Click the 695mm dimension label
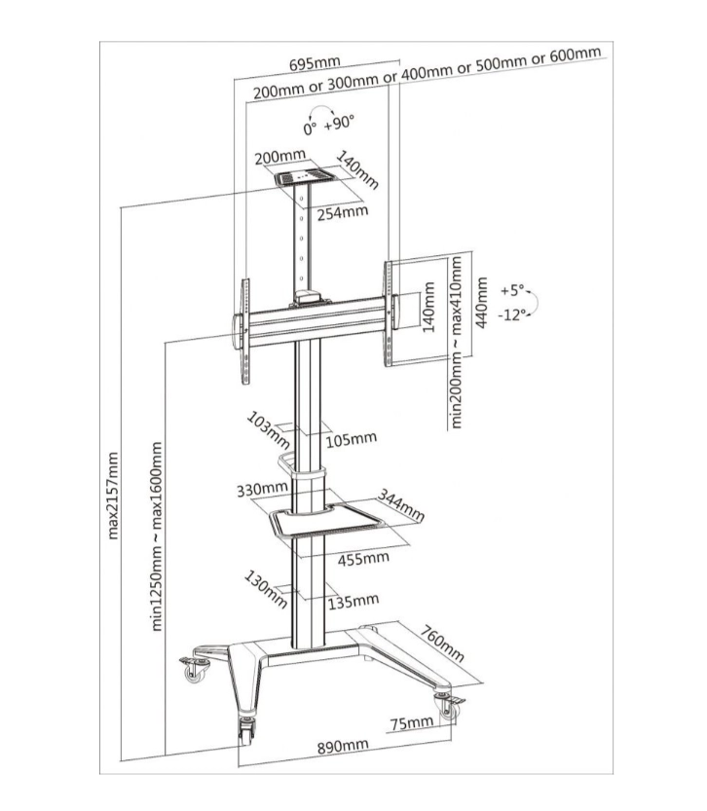(315, 63)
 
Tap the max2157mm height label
(113, 496)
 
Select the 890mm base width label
(343, 747)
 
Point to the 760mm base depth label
(442, 644)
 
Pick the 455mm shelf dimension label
(363, 558)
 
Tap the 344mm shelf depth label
(401, 505)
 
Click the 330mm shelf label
(262, 489)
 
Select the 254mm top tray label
(343, 212)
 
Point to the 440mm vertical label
(481, 302)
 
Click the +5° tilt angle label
(512, 290)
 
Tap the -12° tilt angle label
(512, 314)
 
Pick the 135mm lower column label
(353, 601)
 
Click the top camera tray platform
(305, 177)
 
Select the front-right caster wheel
(449, 708)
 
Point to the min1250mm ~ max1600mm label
(157, 535)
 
